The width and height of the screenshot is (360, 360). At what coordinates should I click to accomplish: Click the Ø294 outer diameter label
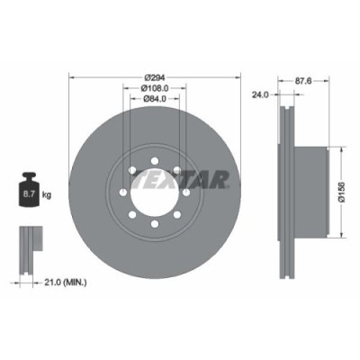click(x=153, y=77)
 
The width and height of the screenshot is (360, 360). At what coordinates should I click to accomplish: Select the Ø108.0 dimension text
click(x=153, y=89)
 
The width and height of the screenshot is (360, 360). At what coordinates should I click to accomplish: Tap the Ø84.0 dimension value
click(x=153, y=100)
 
